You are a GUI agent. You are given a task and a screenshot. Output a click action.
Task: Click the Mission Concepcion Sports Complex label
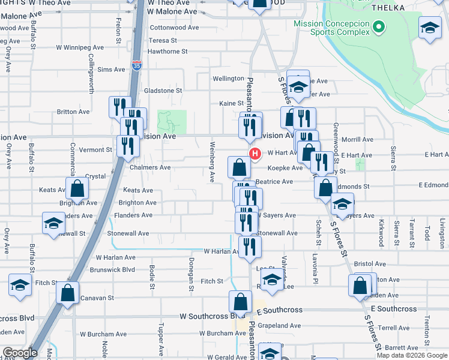click(x=331, y=28)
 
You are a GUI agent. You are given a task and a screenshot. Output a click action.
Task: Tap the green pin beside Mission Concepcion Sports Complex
click(x=378, y=26)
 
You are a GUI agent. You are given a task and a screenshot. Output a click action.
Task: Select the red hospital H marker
click(x=255, y=154)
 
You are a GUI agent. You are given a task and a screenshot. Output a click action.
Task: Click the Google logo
click(x=20, y=353)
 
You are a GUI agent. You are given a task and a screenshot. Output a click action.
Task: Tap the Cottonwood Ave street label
click(x=174, y=28)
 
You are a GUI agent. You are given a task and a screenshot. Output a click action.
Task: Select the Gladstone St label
click(x=163, y=91)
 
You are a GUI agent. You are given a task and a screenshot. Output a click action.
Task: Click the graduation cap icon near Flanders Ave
click(x=53, y=223)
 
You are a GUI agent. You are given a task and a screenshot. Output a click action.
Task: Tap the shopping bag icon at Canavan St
click(x=67, y=293)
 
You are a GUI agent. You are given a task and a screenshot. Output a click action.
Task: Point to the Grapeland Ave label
click(x=279, y=326)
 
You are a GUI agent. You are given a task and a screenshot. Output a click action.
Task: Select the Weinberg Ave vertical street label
click(x=212, y=161)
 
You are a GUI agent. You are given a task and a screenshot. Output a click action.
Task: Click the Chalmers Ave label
click(x=150, y=167)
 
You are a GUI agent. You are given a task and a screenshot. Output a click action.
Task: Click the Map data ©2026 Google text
click(x=411, y=355)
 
